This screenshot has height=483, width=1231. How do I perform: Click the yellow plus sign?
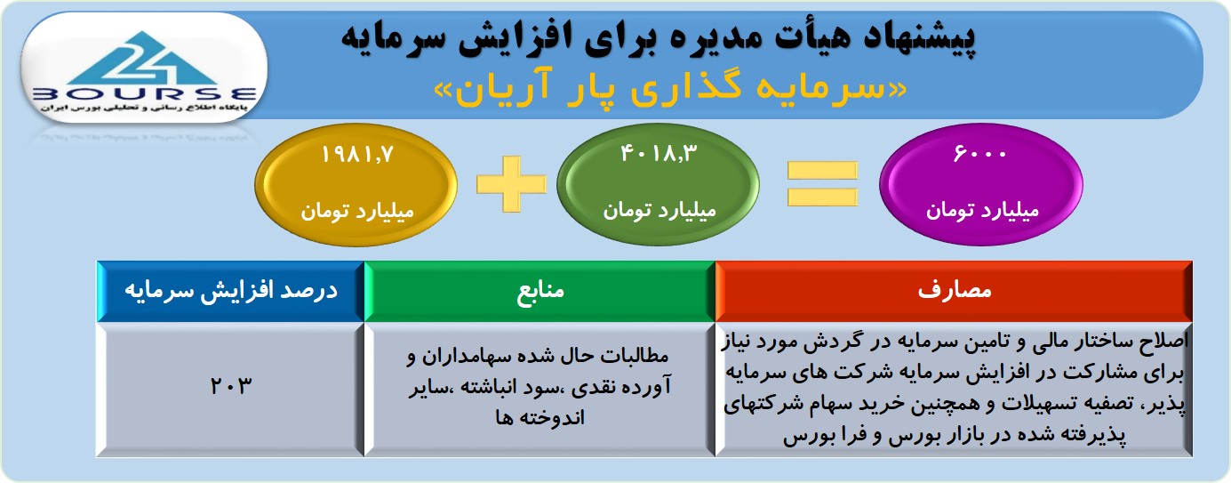click(x=512, y=184)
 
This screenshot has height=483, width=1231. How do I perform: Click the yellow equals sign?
click(x=822, y=184)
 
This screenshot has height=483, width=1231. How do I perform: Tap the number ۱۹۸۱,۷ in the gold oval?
click(x=357, y=155)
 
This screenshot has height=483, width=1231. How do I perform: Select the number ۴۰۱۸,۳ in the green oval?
click(x=659, y=153)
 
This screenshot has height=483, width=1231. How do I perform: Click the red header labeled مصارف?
click(x=954, y=291)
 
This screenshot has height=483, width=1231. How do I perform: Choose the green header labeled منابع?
click(x=540, y=291)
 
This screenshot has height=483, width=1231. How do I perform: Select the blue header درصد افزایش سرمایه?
click(x=231, y=291)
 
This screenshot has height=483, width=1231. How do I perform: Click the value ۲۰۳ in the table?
click(x=231, y=386)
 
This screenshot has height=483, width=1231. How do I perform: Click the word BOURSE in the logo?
click(x=144, y=94)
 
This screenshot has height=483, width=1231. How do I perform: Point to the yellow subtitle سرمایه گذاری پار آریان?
click(x=670, y=88)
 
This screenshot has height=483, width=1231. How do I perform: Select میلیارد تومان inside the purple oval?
click(x=982, y=211)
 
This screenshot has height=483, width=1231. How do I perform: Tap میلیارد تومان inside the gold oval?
click(x=357, y=212)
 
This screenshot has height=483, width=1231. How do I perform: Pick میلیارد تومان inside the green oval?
click(x=659, y=211)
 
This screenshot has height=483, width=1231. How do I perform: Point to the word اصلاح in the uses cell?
click(x=1163, y=341)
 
